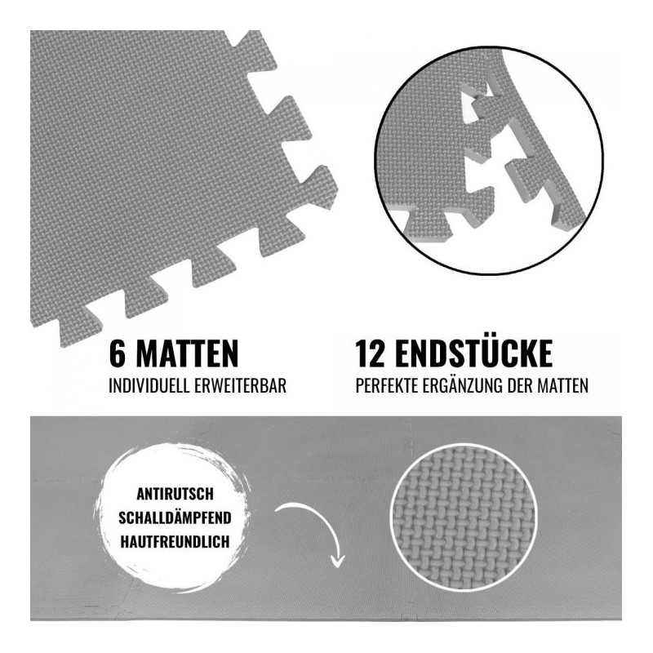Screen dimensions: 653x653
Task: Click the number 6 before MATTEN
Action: (x=117, y=353)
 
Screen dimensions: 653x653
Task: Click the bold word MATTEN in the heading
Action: (x=187, y=353)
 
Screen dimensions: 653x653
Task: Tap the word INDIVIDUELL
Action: (x=149, y=385)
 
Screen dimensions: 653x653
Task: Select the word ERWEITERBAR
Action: (x=241, y=385)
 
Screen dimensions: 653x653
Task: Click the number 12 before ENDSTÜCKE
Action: (x=371, y=353)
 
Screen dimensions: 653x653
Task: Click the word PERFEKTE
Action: (x=387, y=385)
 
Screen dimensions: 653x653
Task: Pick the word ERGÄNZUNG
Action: (x=463, y=384)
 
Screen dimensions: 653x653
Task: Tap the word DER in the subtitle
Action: (x=520, y=385)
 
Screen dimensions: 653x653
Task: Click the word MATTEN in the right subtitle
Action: (x=562, y=385)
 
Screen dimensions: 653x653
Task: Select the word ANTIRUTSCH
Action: (x=175, y=494)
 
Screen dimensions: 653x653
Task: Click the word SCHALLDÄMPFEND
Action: (x=175, y=518)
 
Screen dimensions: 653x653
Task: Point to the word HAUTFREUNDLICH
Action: (x=175, y=541)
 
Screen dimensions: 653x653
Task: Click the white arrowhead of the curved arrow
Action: (x=338, y=561)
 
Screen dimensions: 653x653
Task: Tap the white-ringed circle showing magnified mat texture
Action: (x=464, y=518)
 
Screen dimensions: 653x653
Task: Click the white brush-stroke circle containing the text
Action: (x=174, y=518)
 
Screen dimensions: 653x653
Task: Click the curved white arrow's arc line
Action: (x=317, y=517)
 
